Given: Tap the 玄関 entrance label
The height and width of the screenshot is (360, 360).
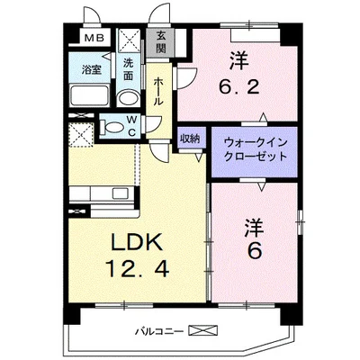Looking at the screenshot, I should click(160, 41).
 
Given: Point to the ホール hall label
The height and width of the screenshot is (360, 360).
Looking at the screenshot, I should click(157, 90).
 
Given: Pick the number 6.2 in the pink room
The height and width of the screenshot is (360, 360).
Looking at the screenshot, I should click(238, 87).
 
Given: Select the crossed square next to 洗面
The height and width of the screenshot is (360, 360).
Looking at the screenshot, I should click(129, 40).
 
